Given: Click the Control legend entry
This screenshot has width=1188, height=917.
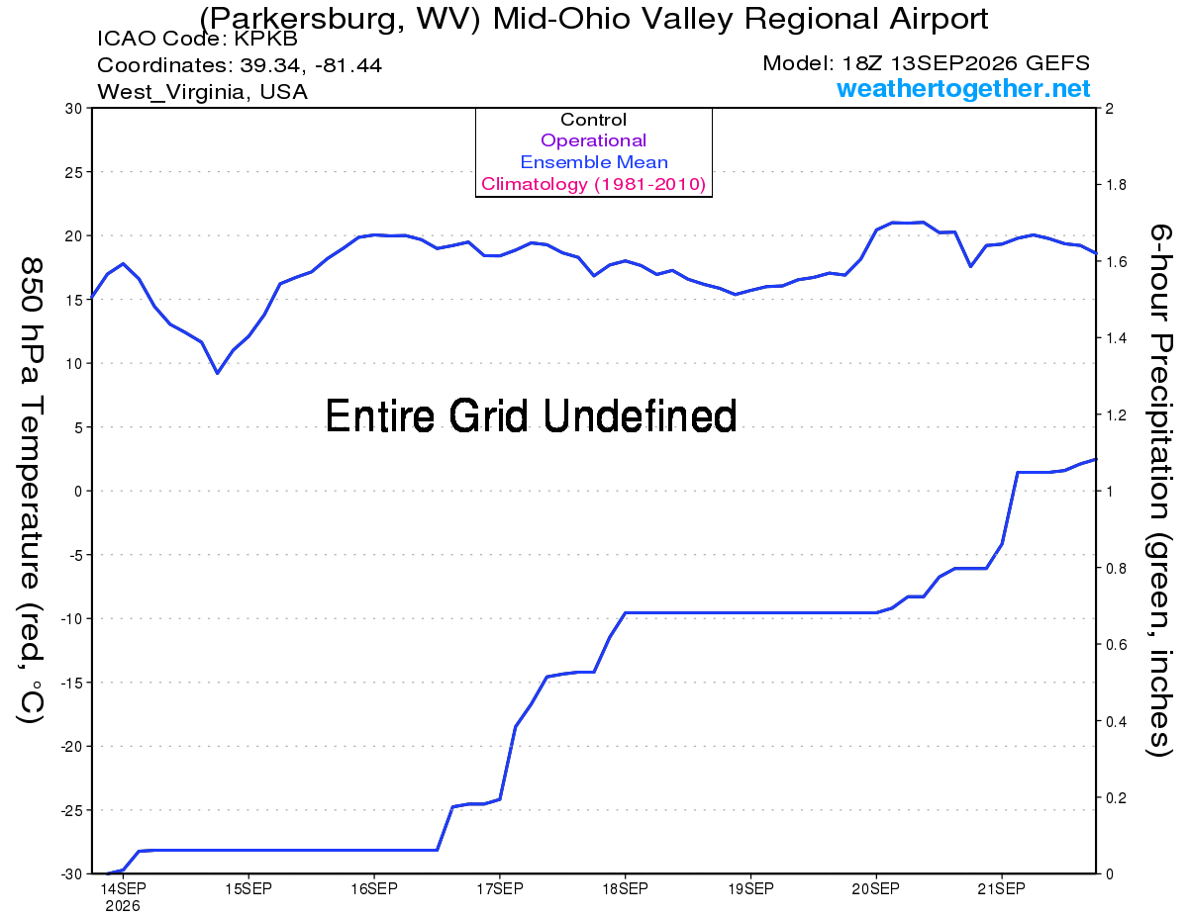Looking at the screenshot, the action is pyautogui.click(x=593, y=119).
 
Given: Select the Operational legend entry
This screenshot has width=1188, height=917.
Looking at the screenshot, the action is pyautogui.click(x=593, y=140).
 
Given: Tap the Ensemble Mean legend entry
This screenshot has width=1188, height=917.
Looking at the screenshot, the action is pyautogui.click(x=594, y=162).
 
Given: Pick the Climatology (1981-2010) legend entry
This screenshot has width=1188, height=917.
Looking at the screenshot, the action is pyautogui.click(x=593, y=184).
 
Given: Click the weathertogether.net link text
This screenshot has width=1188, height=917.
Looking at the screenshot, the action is pyautogui.click(x=963, y=88).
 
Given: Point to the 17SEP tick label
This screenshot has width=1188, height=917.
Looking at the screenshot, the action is pyautogui.click(x=500, y=889).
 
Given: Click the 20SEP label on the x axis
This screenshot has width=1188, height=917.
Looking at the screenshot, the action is pyautogui.click(x=875, y=889).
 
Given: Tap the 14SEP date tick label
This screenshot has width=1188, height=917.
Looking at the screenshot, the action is pyautogui.click(x=123, y=889).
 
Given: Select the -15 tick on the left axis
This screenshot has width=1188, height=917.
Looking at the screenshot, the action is pyautogui.click(x=71, y=683).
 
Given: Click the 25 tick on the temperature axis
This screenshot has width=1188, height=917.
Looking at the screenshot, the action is pyautogui.click(x=74, y=172).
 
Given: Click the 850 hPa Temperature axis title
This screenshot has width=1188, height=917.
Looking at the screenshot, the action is pyautogui.click(x=31, y=491).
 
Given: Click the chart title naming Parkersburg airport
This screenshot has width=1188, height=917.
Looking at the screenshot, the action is pyautogui.click(x=594, y=19).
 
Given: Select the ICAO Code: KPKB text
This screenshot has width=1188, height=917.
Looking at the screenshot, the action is pyautogui.click(x=197, y=39).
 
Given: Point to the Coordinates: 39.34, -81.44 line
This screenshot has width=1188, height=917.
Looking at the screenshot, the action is pyautogui.click(x=240, y=65).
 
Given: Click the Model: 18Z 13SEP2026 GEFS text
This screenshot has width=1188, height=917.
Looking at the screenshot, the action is pyautogui.click(x=926, y=63).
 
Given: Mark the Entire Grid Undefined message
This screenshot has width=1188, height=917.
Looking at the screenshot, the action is pyautogui.click(x=531, y=415).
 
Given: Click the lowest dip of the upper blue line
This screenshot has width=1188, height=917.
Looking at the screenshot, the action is pyautogui.click(x=218, y=373).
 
